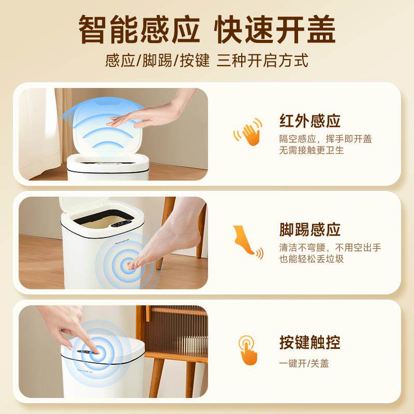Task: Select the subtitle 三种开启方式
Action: pos(262,60)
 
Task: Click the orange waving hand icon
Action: pos(248,132)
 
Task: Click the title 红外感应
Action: pos(310,121)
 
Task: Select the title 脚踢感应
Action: pos(310,230)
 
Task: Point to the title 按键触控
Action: pos(310,342)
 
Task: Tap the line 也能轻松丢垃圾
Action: pos(312,259)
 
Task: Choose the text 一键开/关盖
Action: pos(304,363)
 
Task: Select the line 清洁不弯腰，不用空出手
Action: pos(330,247)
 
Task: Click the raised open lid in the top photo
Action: pos(106,124)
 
